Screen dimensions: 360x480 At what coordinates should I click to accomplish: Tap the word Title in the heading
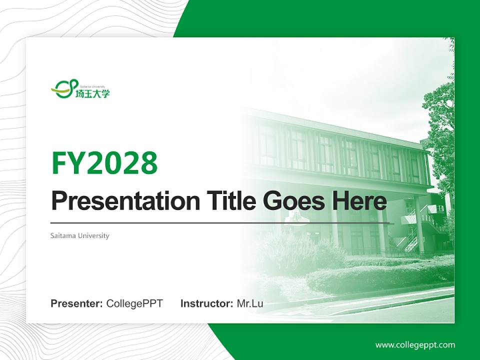click(x=223, y=201)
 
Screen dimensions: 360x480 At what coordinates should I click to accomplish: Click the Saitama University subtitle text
click(x=80, y=235)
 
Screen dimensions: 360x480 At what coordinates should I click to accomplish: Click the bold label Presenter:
click(x=77, y=303)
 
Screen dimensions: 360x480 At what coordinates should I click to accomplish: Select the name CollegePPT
click(x=134, y=303)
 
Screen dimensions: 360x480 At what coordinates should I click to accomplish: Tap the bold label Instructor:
click(x=206, y=303)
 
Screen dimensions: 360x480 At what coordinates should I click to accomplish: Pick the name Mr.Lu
click(x=250, y=303)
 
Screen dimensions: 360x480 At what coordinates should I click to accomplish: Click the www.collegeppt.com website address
click(x=415, y=345)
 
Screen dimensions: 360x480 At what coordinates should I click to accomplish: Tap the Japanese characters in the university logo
click(x=92, y=93)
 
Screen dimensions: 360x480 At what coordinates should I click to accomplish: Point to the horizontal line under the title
click(x=220, y=223)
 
